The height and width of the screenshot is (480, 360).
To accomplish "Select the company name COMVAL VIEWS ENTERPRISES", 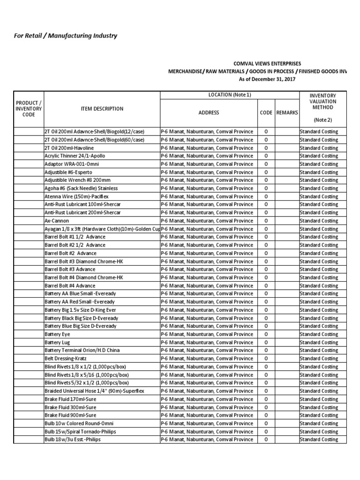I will tap(267, 63).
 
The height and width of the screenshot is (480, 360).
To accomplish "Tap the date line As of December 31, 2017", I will tap(267, 79).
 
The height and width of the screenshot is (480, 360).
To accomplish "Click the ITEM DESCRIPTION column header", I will tap(101, 109).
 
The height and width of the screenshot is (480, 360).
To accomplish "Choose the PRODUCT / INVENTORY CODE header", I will tap(29, 109).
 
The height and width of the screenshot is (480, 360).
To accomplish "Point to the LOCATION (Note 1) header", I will tap(230, 95).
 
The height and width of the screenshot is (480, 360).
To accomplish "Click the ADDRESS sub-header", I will tap(209, 113).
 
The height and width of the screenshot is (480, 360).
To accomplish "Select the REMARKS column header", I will tap(287, 113).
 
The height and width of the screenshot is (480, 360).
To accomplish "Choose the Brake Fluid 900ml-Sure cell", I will tap(70, 415).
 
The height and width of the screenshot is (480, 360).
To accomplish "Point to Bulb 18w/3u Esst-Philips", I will tap(73, 440).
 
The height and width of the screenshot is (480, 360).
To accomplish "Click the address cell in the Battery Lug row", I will tap(207, 342).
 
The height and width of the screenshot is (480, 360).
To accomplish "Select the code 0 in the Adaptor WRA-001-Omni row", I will tap(266, 164).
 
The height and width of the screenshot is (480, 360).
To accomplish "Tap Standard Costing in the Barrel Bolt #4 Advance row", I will tap(318, 285).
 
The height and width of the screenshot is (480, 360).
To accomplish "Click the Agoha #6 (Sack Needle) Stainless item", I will tap(81, 188).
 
